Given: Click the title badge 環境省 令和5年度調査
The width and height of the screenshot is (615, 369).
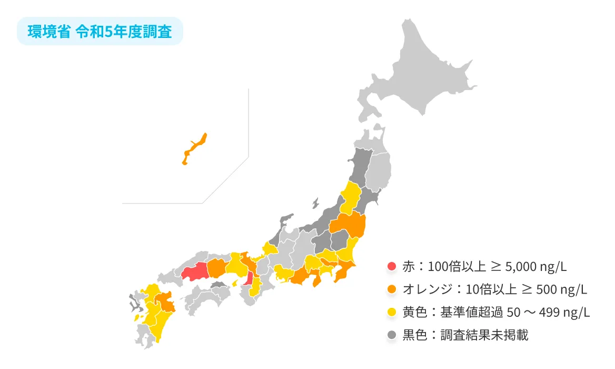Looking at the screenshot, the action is click(x=100, y=32).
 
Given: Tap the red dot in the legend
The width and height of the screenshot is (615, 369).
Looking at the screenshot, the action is click(x=391, y=266).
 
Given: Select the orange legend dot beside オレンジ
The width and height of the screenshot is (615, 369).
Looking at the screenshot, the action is click(x=391, y=289).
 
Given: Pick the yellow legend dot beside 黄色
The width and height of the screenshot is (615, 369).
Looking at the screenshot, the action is click(x=391, y=312).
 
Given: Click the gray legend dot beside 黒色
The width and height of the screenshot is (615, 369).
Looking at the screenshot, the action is click(x=391, y=335).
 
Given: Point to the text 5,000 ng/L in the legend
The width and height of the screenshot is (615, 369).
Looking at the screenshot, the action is click(x=535, y=266).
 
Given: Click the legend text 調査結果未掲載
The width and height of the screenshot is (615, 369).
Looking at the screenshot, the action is click(x=484, y=335).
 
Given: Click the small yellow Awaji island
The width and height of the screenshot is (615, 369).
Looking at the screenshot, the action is click(x=235, y=283).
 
